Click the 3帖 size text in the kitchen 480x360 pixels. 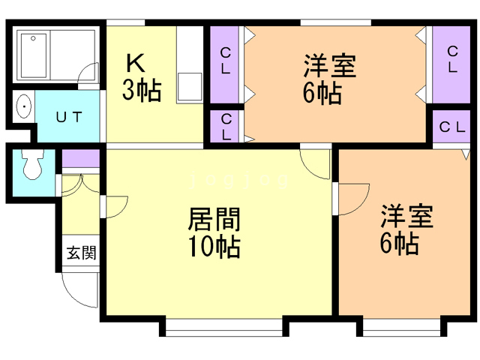[x=141, y=90]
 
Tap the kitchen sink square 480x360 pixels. [x=190, y=87]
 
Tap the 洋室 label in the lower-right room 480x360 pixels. [x=406, y=217]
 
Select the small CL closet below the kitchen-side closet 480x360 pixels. [x=226, y=126]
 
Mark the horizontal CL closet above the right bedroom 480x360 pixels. [x=451, y=127]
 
